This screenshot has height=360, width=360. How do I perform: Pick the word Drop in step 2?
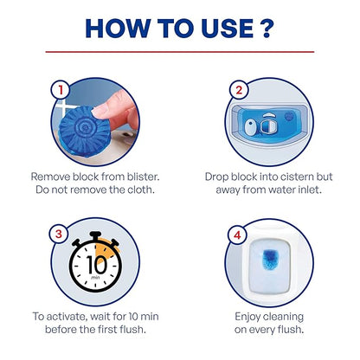[x=218, y=175]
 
